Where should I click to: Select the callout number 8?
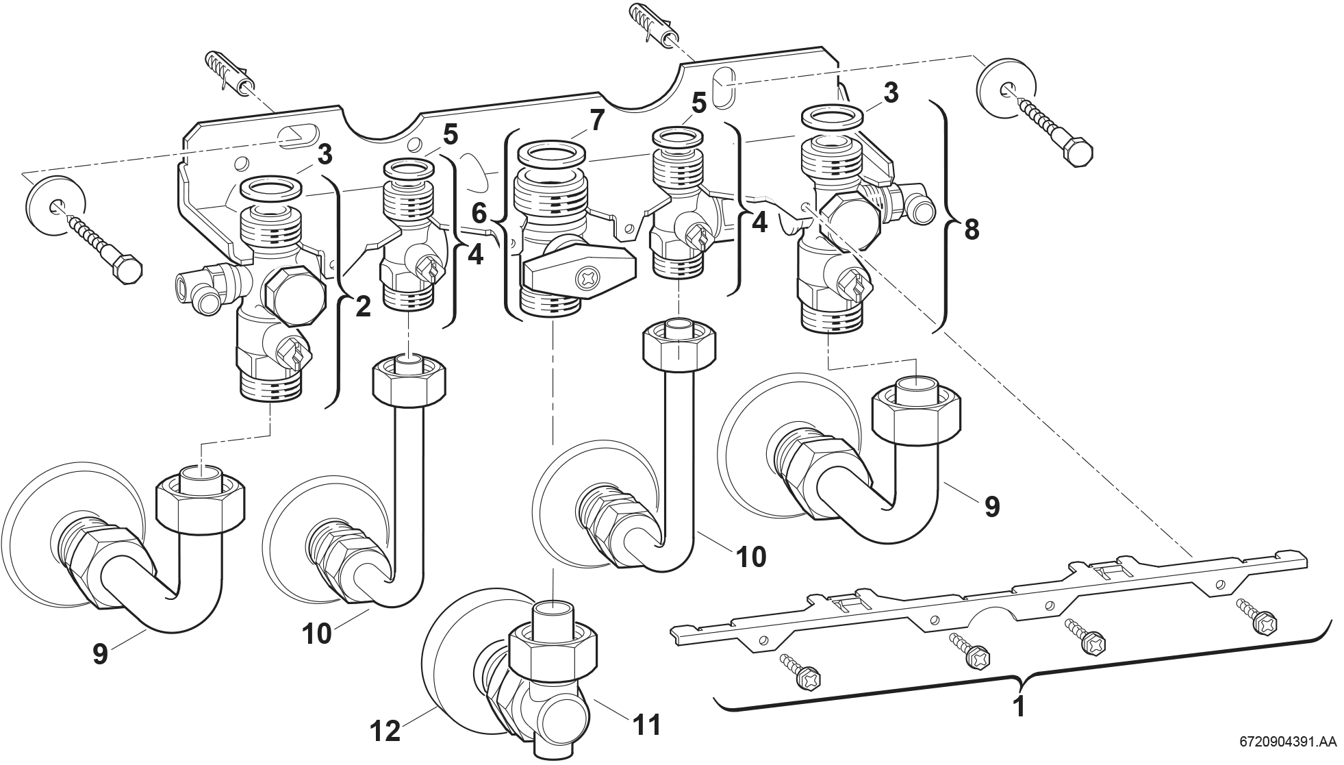[x=971, y=230]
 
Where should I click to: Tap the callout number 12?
[x=385, y=731]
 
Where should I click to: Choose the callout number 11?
[x=646, y=724]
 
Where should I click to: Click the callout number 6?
[x=479, y=214]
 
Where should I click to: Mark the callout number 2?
[x=362, y=306]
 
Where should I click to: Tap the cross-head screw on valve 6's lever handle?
[x=587, y=277]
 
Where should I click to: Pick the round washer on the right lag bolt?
[x=1006, y=88]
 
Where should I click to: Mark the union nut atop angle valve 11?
[x=553, y=644]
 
